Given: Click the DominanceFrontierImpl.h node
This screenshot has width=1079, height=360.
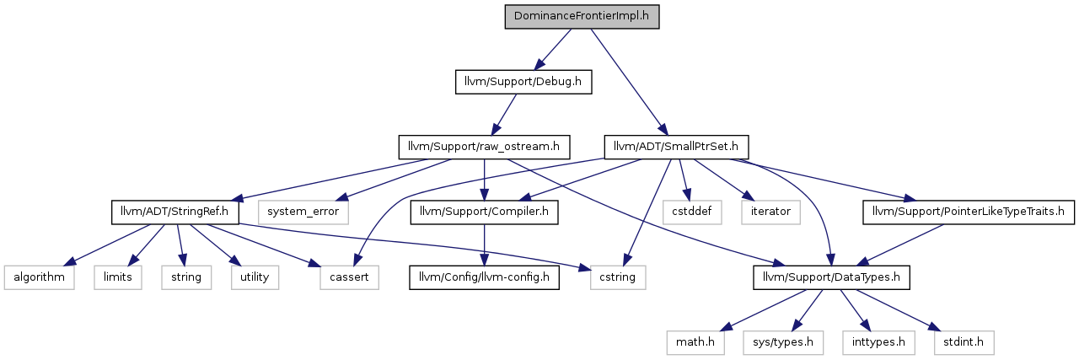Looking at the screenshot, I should (582, 17).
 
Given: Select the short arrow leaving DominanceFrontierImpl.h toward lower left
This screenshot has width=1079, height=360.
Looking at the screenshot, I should (552, 49).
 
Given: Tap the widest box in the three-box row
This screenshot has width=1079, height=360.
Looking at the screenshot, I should (303, 212).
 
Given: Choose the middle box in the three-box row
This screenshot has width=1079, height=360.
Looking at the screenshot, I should (692, 212).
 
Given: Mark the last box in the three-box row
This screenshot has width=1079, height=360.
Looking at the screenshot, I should (770, 212).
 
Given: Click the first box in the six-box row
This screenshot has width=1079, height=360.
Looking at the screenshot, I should (39, 277).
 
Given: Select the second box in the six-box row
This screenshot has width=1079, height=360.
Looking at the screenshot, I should (118, 277).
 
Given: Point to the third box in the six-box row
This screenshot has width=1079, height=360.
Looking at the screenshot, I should (186, 277).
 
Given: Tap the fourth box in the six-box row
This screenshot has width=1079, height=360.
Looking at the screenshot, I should (255, 277).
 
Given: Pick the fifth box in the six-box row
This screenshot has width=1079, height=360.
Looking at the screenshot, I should (349, 277).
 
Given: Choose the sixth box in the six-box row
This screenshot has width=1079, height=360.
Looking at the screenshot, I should (618, 277).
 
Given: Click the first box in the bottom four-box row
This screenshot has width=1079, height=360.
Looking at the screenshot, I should (695, 343).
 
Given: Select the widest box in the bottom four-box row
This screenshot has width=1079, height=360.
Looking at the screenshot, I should (783, 343).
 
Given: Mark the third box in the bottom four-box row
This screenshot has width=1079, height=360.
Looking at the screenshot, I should (878, 343).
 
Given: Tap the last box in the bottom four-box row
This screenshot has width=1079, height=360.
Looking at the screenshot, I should (964, 343).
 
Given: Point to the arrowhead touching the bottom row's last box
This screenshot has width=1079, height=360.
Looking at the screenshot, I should (933, 327).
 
